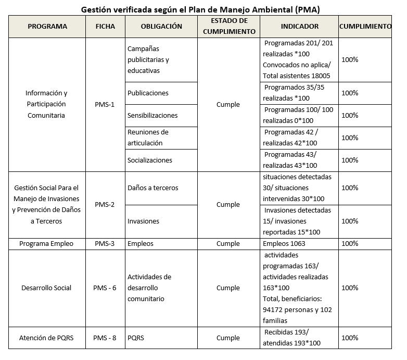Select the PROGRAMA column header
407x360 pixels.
click(x=47, y=27)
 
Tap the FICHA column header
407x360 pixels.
click(x=105, y=27)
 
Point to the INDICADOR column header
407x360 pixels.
click(x=299, y=27)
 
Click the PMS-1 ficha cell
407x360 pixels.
click(x=105, y=104)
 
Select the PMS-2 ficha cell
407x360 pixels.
click(x=105, y=204)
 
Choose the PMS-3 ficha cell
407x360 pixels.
click(x=105, y=243)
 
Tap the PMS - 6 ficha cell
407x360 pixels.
click(x=105, y=288)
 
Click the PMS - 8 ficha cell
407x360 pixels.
click(x=105, y=338)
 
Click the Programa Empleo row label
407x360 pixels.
click(x=46, y=243)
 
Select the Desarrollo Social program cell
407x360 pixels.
click(x=46, y=288)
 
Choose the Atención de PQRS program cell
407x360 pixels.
click(x=46, y=338)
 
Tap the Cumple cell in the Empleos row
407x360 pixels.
click(x=228, y=243)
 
